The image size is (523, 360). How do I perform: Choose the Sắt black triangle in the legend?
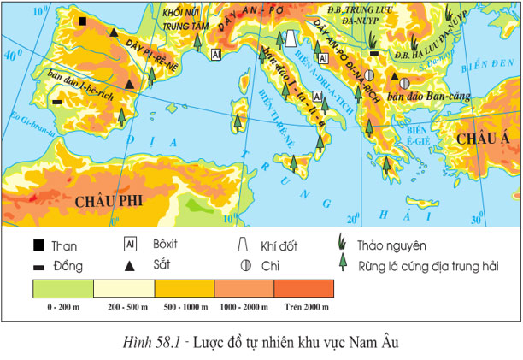pyautogui.click(x=130, y=266)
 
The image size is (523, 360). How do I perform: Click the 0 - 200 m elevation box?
pyautogui.click(x=63, y=288)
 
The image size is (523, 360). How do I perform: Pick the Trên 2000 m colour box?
pyautogui.click(x=303, y=288)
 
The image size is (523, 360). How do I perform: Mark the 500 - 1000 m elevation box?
pyautogui.click(x=183, y=288)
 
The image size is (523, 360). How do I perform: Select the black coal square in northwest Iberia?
pyautogui.click(x=82, y=21)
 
